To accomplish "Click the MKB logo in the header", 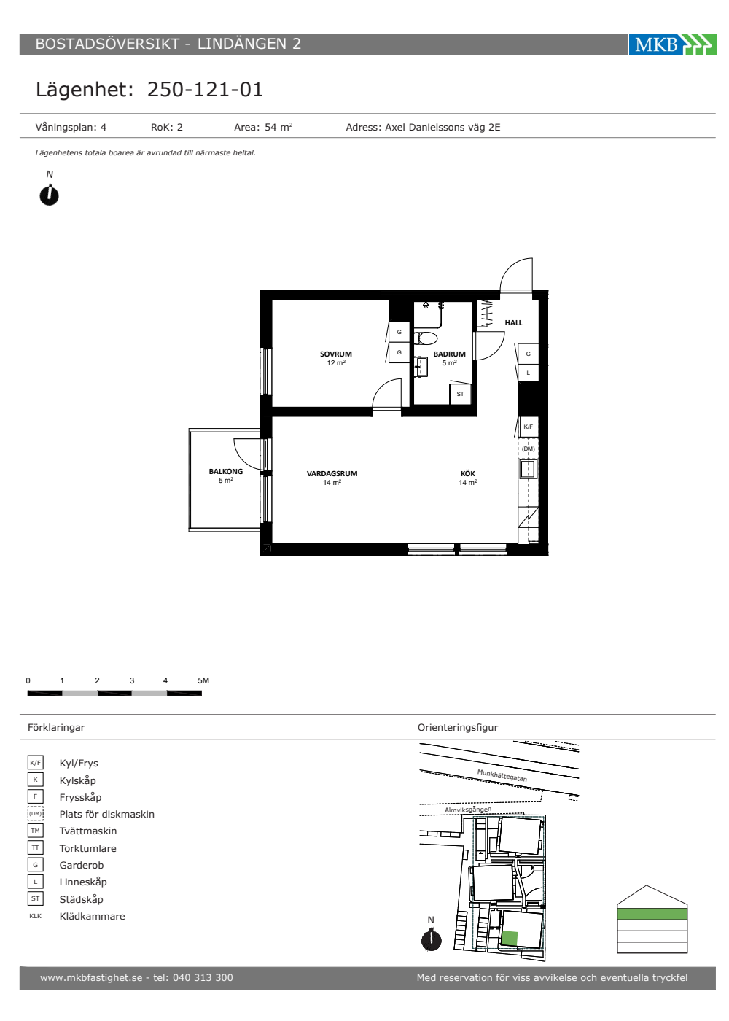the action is (x=672, y=44).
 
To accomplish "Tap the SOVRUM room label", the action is (x=336, y=354).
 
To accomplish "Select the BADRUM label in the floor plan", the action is (x=449, y=354).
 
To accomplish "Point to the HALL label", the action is (x=513, y=322).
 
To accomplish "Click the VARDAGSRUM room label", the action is (x=332, y=473).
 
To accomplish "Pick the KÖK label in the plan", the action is (x=468, y=473).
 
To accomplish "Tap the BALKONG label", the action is (x=225, y=471).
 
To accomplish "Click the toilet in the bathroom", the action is (x=426, y=338).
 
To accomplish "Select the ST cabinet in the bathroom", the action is (x=460, y=394).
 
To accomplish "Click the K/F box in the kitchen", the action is (x=529, y=427).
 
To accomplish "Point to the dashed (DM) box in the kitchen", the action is (x=528, y=449).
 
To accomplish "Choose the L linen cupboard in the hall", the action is (x=529, y=373).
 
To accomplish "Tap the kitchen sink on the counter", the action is (x=528, y=468).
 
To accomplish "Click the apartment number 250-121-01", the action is (x=205, y=89).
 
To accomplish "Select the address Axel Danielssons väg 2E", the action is (x=443, y=127).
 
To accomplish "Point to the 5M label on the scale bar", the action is (x=203, y=680).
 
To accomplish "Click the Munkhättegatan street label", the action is (x=502, y=775).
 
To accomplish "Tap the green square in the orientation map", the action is (x=510, y=939).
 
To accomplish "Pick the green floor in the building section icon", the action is (x=652, y=914).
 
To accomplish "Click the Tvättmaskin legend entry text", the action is (x=88, y=831).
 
